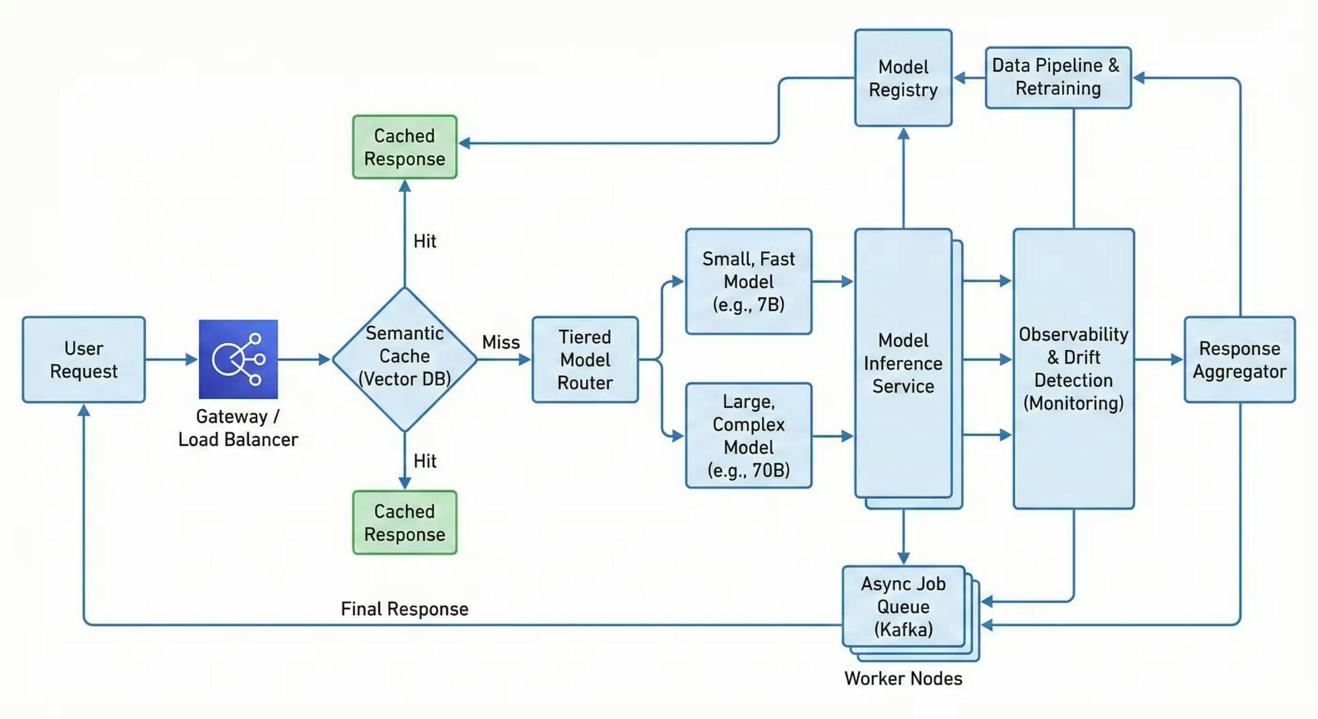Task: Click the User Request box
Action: [83, 359]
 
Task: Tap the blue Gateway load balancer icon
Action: [238, 359]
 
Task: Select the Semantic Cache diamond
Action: [405, 359]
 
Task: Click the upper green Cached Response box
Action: [405, 147]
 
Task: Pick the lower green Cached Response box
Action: [405, 522]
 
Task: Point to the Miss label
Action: [500, 342]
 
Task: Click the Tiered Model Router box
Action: [585, 359]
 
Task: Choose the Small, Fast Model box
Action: [749, 282]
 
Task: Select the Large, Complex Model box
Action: [749, 435]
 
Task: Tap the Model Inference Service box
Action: [903, 363]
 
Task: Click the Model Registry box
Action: [903, 78]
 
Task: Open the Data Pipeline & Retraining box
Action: [1058, 77]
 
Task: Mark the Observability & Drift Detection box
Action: [1073, 368]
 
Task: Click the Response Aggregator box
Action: [1239, 359]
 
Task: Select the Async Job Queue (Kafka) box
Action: [903, 606]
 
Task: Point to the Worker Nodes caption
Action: [903, 678]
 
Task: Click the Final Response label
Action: [405, 609]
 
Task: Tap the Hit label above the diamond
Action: [425, 241]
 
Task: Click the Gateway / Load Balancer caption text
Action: [238, 428]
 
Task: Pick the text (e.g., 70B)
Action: [749, 470]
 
